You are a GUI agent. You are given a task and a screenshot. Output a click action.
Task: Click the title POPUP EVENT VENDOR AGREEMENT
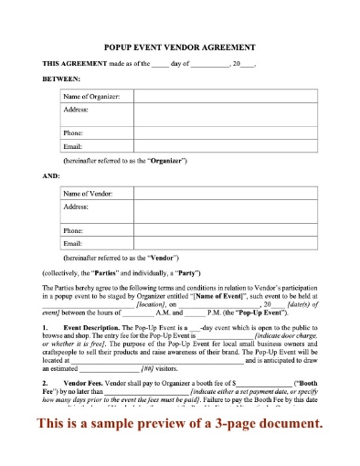pos(179,47)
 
